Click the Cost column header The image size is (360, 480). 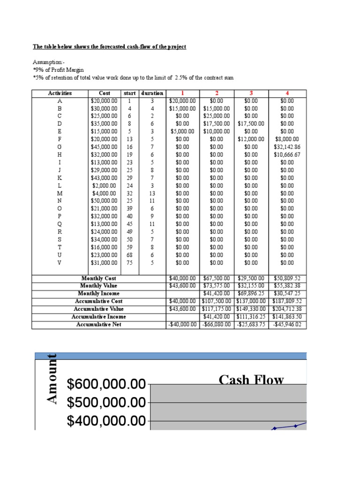pyautogui.click(x=105, y=93)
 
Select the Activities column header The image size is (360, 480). pyautogui.click(x=60, y=93)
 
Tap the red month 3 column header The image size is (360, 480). pyautogui.click(x=251, y=93)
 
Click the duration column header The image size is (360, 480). pyautogui.click(x=152, y=93)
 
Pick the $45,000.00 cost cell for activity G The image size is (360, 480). pyautogui.click(x=104, y=147)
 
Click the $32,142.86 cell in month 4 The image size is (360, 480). pyautogui.click(x=287, y=147)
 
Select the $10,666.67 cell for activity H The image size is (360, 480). pyautogui.click(x=287, y=154)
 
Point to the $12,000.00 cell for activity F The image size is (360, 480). pyautogui.click(x=251, y=139)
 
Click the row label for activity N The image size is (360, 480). pyautogui.click(x=60, y=201)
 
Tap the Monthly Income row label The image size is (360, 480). pyautogui.click(x=99, y=293)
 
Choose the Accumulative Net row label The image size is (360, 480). pyautogui.click(x=99, y=324)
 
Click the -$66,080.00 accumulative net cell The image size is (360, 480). pyautogui.click(x=217, y=324)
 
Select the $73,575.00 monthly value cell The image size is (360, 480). pyautogui.click(x=217, y=285)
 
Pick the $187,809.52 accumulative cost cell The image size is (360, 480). pyautogui.click(x=287, y=301)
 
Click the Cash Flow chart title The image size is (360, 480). pyautogui.click(x=251, y=380)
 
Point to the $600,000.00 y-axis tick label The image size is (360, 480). pyautogui.click(x=106, y=385)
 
